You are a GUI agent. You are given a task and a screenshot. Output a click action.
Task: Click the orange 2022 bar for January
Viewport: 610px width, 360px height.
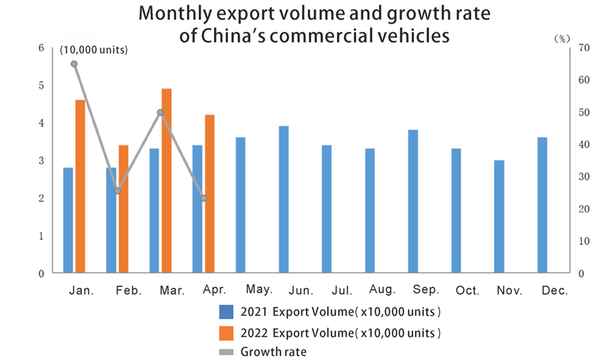click(80, 186)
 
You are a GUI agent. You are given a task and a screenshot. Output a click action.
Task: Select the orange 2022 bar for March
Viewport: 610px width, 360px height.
click(166, 181)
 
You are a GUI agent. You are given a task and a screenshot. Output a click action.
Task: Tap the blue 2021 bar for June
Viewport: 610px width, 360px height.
click(284, 199)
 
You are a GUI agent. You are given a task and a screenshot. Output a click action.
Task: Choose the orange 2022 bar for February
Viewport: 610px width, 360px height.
click(123, 209)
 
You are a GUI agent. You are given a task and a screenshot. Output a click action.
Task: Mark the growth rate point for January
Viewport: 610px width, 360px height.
click(74, 64)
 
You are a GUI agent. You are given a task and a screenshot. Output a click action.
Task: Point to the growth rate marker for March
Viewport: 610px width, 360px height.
click(160, 112)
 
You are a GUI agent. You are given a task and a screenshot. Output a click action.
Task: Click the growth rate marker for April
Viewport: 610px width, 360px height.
click(204, 198)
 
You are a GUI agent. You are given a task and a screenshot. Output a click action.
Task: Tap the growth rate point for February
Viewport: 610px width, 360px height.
click(117, 191)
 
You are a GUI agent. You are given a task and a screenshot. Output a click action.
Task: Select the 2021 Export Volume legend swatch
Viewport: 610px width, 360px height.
click(226, 311)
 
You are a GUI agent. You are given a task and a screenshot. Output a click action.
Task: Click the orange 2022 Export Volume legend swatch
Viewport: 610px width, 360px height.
click(226, 333)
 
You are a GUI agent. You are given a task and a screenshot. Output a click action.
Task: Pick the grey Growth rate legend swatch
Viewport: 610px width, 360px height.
click(226, 352)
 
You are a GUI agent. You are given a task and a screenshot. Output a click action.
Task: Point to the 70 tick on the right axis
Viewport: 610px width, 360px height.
click(585, 47)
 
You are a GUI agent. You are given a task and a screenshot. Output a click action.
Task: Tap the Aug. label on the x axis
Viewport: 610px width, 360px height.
click(380, 291)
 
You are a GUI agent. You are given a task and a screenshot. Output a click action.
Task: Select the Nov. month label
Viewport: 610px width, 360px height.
click(509, 291)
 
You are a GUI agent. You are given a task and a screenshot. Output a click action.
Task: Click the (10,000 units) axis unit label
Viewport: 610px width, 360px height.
click(94, 50)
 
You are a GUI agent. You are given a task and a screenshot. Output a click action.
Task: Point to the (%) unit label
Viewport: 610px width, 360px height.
click(561, 37)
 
